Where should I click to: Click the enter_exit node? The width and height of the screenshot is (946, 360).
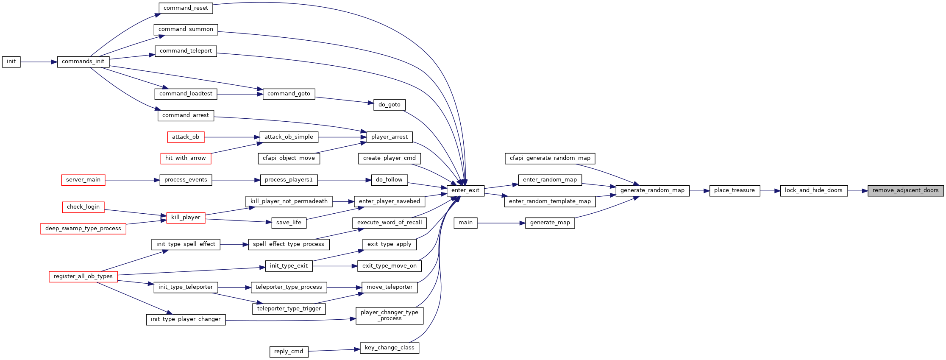coord(465,190)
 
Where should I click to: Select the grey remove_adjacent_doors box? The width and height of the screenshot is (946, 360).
coord(906,190)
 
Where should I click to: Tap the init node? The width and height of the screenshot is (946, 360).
coord(11,61)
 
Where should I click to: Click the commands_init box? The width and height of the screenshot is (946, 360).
coord(83,61)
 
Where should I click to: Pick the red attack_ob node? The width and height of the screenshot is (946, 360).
coord(186,137)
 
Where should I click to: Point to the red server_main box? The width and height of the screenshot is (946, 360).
coord(83,180)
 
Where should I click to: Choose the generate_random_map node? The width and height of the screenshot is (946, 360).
coord(653,190)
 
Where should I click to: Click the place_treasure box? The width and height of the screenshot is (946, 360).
coord(735,190)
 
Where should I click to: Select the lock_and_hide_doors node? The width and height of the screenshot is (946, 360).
coord(814,190)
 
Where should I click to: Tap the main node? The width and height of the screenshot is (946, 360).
coord(465,223)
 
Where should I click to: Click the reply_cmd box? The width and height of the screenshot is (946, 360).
coord(289,352)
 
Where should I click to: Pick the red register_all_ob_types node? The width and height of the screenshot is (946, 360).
coord(83,276)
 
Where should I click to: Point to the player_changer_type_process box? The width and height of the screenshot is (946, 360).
coord(390,315)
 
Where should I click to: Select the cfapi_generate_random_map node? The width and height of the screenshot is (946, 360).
coord(550,158)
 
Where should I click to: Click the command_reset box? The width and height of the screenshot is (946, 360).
coord(186,8)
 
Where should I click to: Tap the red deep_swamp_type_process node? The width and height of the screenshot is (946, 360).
coord(83,229)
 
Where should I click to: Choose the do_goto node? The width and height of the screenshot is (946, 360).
coord(390,105)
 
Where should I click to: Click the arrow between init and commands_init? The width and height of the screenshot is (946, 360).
coord(39,62)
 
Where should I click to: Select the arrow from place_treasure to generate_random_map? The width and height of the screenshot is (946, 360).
coord(699,191)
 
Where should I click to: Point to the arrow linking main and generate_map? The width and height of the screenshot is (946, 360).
coord(501,223)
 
